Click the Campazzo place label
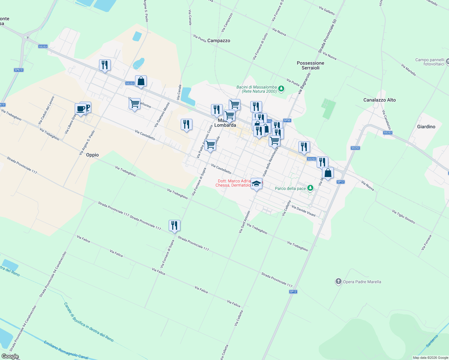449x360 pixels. coord(218,40)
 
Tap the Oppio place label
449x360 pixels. coord(92,155)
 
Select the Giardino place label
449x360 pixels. coord(426,127)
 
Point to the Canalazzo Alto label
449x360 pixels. coord(379,100)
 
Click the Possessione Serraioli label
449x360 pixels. coord(310,65)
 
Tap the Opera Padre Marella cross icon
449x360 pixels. coord(339,281)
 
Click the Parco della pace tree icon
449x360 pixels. coord(310,188)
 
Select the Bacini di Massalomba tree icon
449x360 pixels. coord(281,88)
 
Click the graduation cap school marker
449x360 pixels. coord(256,184)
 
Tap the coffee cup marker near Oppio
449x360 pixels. coord(80,109)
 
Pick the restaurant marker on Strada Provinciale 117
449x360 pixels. coord(174,225)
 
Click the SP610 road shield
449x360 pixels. coord(19,70)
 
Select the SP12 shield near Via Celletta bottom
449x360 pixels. coord(293,292)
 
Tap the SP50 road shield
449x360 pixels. coord(287,120)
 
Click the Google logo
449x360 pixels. coord(10,356)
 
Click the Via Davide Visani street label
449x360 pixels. coord(303,211)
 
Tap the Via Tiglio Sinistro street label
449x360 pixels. coord(403,217)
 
